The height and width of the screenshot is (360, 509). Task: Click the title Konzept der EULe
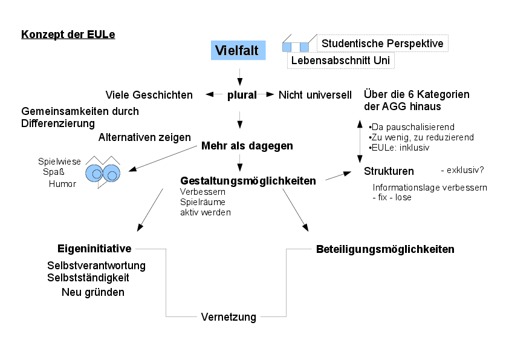68,34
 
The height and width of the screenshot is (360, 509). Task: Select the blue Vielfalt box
236,51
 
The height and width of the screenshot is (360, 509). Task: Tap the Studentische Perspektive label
382,44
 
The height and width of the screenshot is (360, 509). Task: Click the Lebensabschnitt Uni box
341,61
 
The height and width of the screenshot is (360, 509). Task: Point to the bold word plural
242,94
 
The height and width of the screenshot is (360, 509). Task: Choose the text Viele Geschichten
149,94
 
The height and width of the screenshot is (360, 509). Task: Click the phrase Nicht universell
315,94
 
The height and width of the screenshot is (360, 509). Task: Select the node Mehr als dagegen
247,146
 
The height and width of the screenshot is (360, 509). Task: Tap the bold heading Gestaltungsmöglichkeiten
248,180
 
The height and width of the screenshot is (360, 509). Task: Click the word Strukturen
389,171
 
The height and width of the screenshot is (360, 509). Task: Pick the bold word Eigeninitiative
94,249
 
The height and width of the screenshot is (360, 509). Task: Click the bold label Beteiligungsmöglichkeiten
385,249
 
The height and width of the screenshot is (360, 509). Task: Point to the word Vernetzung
229,317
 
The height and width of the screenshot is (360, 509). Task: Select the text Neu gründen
93,292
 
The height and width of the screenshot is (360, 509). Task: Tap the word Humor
62,184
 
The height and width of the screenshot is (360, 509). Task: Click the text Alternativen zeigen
144,137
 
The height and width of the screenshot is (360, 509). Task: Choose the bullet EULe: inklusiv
400,148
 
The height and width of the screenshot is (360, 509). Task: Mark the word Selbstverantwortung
96,266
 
